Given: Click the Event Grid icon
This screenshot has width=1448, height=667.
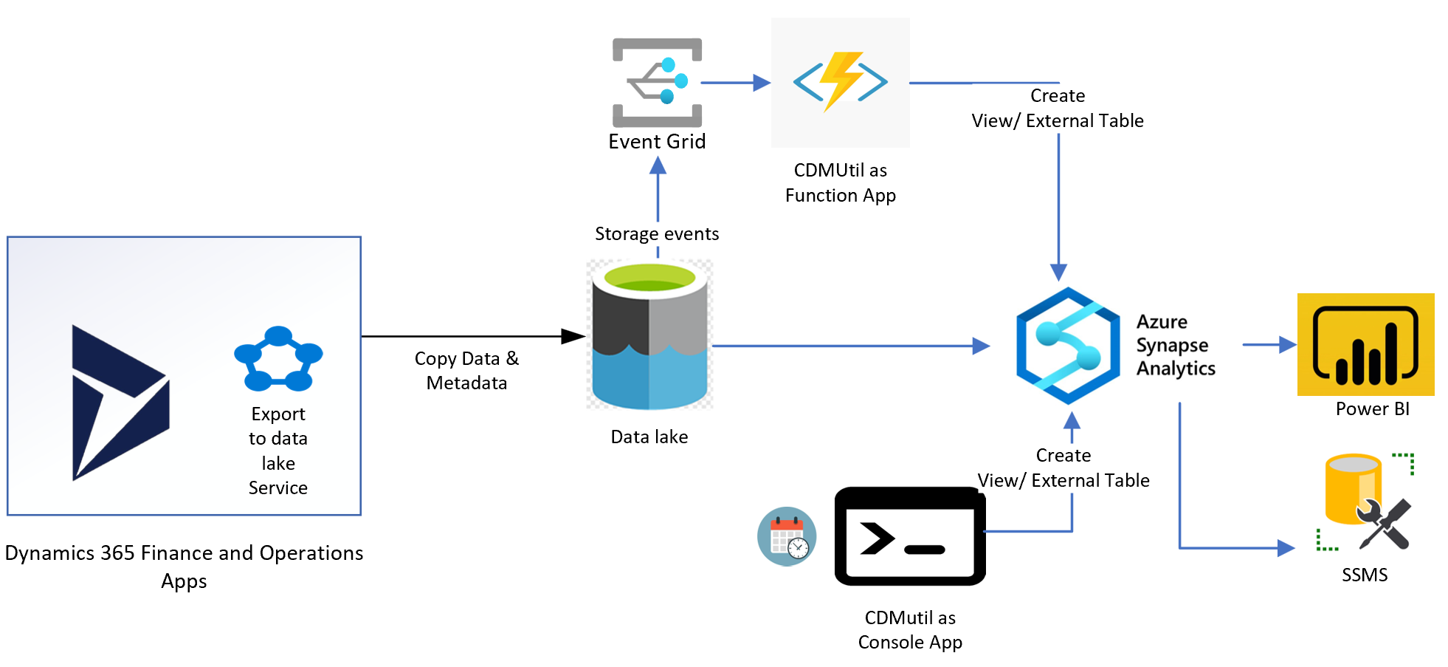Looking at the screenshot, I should [657, 82].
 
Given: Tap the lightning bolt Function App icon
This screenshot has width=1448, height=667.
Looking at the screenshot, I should [840, 81].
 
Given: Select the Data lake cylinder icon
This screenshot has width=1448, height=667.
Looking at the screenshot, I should [649, 336].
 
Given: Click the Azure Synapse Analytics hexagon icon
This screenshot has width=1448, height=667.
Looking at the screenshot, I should [1068, 346].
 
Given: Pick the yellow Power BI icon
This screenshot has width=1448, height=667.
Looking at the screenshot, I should [1365, 344].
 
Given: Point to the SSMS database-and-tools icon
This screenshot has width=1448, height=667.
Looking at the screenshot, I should [1365, 502].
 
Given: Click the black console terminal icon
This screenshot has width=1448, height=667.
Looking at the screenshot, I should [909, 537].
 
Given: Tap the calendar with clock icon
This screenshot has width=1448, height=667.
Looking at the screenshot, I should [787, 536].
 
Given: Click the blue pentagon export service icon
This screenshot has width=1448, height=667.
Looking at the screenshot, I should [278, 360].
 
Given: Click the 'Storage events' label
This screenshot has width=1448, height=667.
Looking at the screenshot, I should [657, 234].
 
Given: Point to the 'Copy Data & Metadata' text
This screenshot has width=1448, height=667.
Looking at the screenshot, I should [466, 371].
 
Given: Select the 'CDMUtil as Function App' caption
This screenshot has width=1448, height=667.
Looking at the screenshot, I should [840, 182].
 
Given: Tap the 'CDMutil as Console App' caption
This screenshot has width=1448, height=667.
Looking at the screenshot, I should [909, 629].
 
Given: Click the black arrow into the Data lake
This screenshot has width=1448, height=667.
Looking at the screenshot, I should [472, 336].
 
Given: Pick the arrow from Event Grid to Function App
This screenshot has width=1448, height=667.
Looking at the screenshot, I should [734, 83].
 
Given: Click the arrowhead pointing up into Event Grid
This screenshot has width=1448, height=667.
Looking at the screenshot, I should [658, 166].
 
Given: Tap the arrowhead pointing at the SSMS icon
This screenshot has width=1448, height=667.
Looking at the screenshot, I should [1286, 548].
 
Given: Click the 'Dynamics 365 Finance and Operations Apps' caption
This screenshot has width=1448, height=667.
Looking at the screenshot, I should [184, 567].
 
